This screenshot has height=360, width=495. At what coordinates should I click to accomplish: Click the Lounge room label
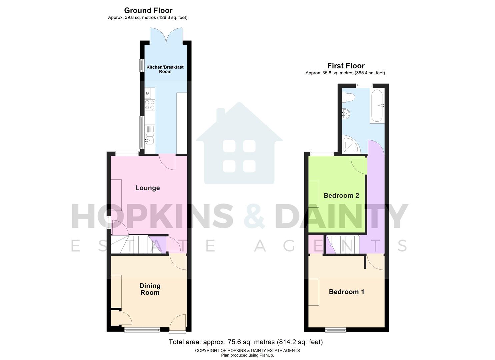147,188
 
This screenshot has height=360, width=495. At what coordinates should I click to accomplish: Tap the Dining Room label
150,289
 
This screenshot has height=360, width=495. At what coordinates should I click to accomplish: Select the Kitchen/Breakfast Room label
165,69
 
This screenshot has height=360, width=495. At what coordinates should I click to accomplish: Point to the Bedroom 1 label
346,292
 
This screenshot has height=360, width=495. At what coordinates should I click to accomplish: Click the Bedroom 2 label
341,196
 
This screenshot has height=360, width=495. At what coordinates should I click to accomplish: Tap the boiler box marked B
148,93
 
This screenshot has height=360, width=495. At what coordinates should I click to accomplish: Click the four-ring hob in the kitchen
150,105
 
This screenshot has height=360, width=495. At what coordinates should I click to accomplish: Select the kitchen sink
149,140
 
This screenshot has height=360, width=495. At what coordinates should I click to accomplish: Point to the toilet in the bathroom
348,97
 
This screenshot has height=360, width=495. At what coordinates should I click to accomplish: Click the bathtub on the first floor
377,105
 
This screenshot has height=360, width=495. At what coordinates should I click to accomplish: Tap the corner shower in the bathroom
350,145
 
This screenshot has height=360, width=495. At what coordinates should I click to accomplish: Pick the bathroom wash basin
346,114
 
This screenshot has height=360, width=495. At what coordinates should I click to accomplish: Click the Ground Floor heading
148,10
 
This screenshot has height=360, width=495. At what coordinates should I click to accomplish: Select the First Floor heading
346,66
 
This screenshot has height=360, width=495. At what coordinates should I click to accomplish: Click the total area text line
246,342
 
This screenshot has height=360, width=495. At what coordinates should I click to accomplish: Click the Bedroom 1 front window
336,330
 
